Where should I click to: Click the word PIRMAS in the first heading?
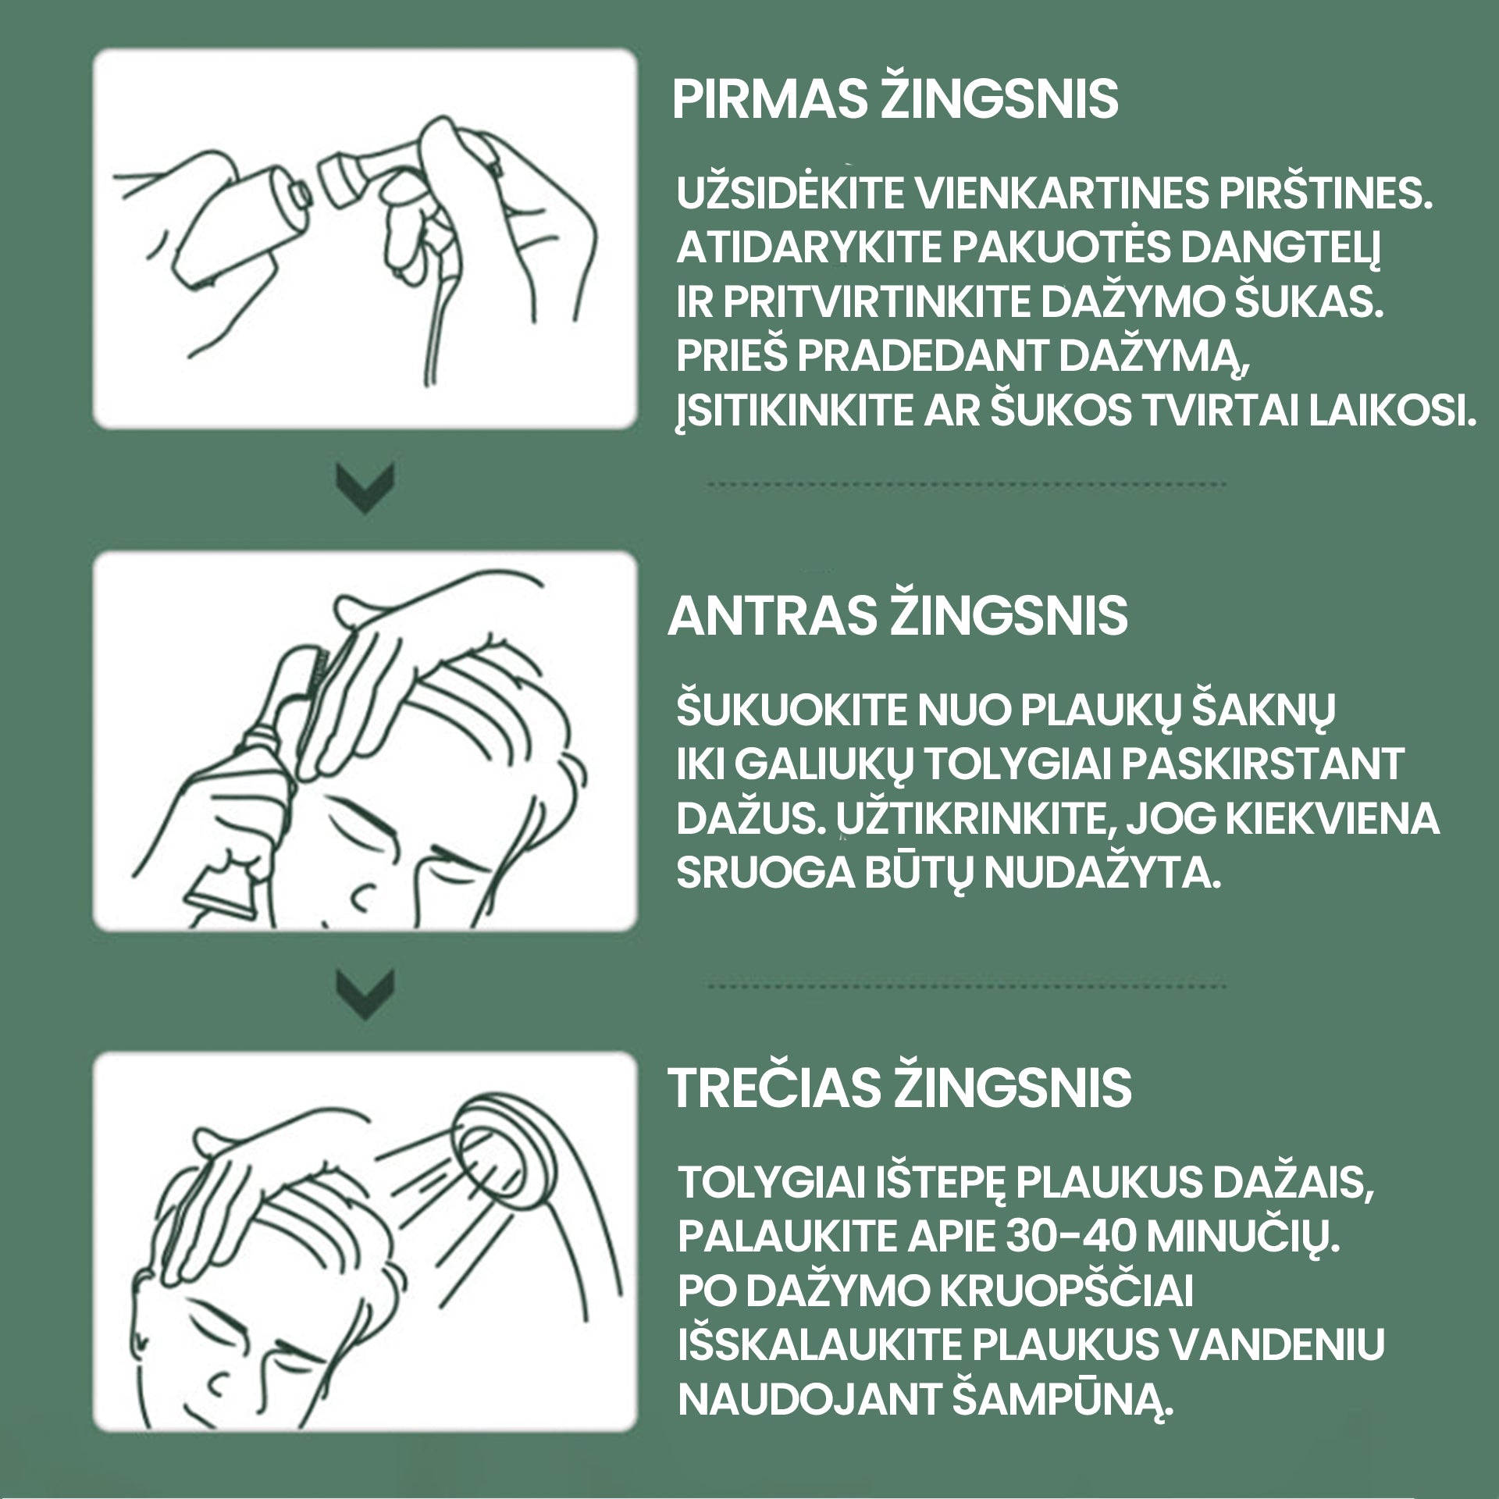coord(769,100)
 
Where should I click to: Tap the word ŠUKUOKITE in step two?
coord(790,709)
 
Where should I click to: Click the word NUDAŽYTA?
coord(1102,873)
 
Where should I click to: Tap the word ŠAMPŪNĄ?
coord(1062,1400)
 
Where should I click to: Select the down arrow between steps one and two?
coord(365,489)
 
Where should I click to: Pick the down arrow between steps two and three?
coord(365,995)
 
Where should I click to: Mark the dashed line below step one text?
coord(966,485)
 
